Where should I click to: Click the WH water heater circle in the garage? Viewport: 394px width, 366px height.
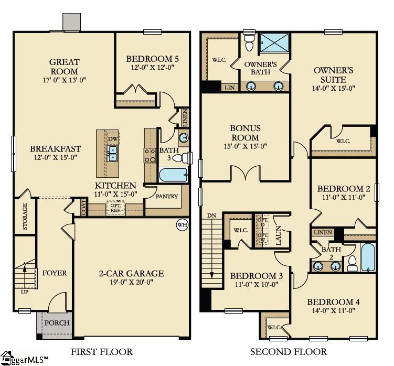(x=182, y=225)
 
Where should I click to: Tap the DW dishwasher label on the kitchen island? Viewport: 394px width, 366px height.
(x=113, y=138)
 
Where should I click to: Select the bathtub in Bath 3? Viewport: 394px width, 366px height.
(x=173, y=175)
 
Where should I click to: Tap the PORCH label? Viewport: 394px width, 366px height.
(x=56, y=323)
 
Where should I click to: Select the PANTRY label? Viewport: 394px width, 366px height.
(x=167, y=197)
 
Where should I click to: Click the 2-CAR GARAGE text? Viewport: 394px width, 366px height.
(x=131, y=273)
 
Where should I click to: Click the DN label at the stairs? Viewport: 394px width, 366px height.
(x=212, y=215)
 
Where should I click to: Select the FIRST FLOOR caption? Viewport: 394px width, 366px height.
(x=101, y=351)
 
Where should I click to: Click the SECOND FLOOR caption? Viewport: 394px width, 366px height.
(x=288, y=351)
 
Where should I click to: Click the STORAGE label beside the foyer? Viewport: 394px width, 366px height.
(x=25, y=216)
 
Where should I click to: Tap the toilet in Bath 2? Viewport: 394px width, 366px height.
(x=352, y=263)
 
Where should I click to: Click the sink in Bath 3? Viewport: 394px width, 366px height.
(x=183, y=138)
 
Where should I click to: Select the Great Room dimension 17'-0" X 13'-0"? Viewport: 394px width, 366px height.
(x=64, y=80)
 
